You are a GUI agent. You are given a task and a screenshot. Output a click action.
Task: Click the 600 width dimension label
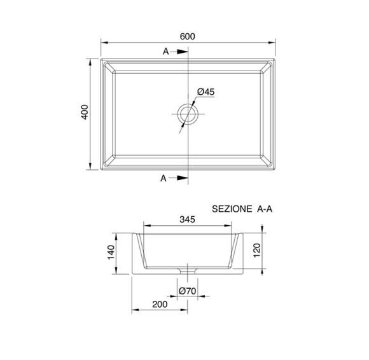pos(187,36)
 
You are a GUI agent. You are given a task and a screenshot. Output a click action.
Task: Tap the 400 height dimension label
pos(85,112)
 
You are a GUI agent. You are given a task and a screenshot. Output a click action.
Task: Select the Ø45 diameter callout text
pos(206,92)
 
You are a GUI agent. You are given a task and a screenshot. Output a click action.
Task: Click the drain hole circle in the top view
pos(188,114)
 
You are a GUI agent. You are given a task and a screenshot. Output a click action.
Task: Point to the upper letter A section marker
pos(166,52)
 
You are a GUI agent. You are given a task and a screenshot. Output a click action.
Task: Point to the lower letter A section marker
pos(164,178)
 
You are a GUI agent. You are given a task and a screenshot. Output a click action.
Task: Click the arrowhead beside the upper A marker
pos(183,52)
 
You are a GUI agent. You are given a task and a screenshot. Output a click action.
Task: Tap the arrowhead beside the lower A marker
pos(183,178)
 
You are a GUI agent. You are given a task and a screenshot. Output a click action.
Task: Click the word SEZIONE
pos(232,209)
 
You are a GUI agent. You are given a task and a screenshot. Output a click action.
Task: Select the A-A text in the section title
pos(265,209)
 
